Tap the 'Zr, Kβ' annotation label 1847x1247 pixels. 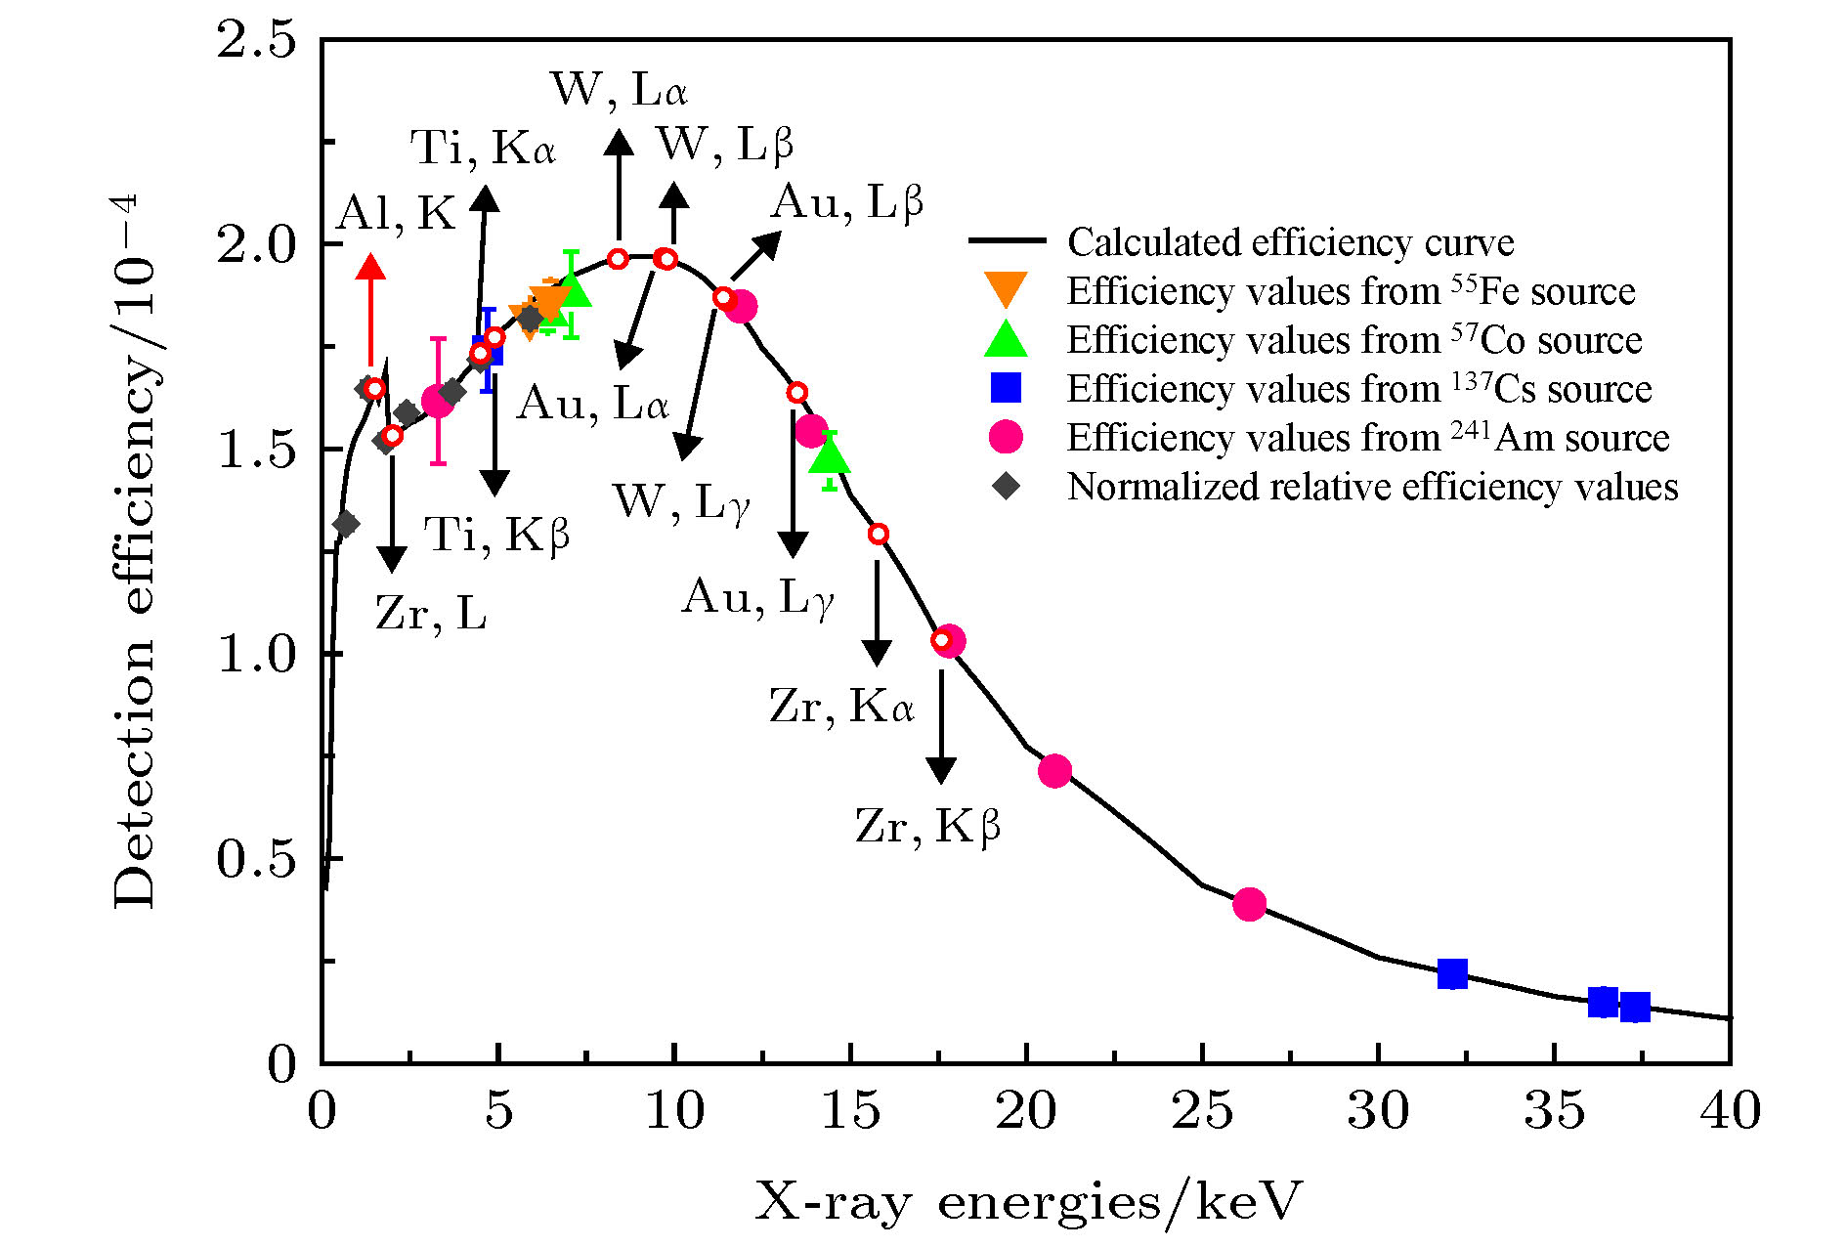click(927, 827)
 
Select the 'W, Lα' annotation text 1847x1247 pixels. click(620, 90)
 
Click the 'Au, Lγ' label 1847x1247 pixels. click(757, 597)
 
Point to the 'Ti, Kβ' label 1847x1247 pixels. click(496, 535)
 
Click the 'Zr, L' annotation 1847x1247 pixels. click(431, 614)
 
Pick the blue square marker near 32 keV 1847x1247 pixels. click(1452, 973)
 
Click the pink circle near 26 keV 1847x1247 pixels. click(1249, 904)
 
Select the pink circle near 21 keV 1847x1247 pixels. click(1054, 771)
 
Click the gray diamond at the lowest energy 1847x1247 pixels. click(345, 524)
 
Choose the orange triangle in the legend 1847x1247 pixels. click(1006, 290)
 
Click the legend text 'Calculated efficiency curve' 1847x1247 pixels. click(1290, 241)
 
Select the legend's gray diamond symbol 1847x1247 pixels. click(1006, 486)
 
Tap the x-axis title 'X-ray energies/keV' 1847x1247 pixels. click(1028, 1201)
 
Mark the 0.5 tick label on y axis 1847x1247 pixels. click(256, 859)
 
